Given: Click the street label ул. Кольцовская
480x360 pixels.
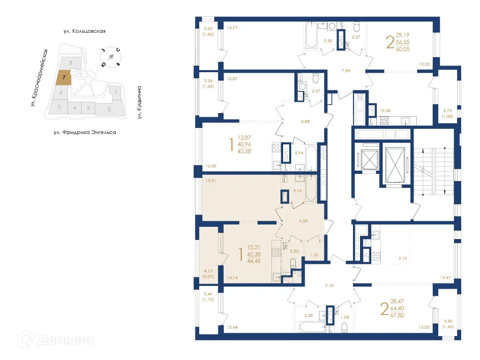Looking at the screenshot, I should (x=85, y=31).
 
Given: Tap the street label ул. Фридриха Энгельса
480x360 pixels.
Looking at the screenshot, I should (x=84, y=133).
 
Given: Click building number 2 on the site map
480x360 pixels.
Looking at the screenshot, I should (x=109, y=110).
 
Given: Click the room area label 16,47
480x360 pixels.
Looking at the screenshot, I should (x=446, y=277).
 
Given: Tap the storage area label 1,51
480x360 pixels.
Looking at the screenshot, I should (x=314, y=255).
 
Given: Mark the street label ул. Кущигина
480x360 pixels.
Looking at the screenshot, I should (x=140, y=102).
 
